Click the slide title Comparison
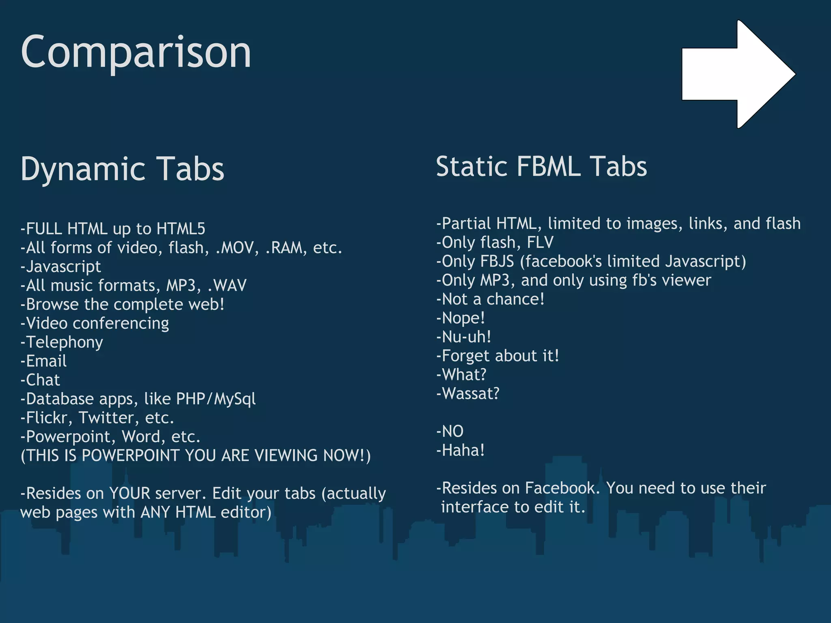click(136, 53)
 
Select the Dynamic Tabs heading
click(122, 169)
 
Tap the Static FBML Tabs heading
click(541, 167)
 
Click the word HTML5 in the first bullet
click(181, 229)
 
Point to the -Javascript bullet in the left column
click(61, 266)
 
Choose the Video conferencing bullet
click(95, 323)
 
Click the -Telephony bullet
click(62, 342)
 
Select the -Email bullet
click(44, 361)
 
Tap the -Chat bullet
click(41, 380)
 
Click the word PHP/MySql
click(216, 399)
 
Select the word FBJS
click(497, 262)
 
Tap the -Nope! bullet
click(461, 318)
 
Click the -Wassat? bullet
click(468, 393)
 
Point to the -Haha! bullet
click(461, 450)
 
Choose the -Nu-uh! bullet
click(464, 337)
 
